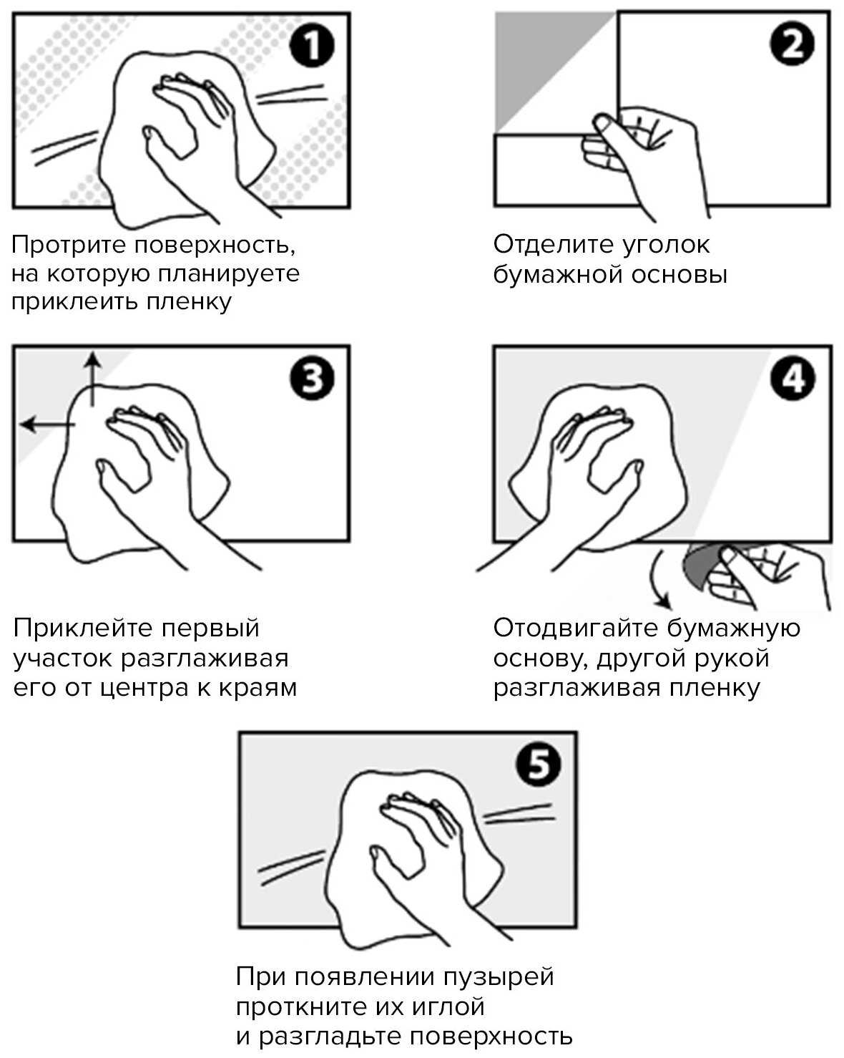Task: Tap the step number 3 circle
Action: point(311,379)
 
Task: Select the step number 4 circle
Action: point(793,379)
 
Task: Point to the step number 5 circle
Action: point(538,765)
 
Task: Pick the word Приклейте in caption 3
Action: point(83,629)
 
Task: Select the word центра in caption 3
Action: point(151,688)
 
